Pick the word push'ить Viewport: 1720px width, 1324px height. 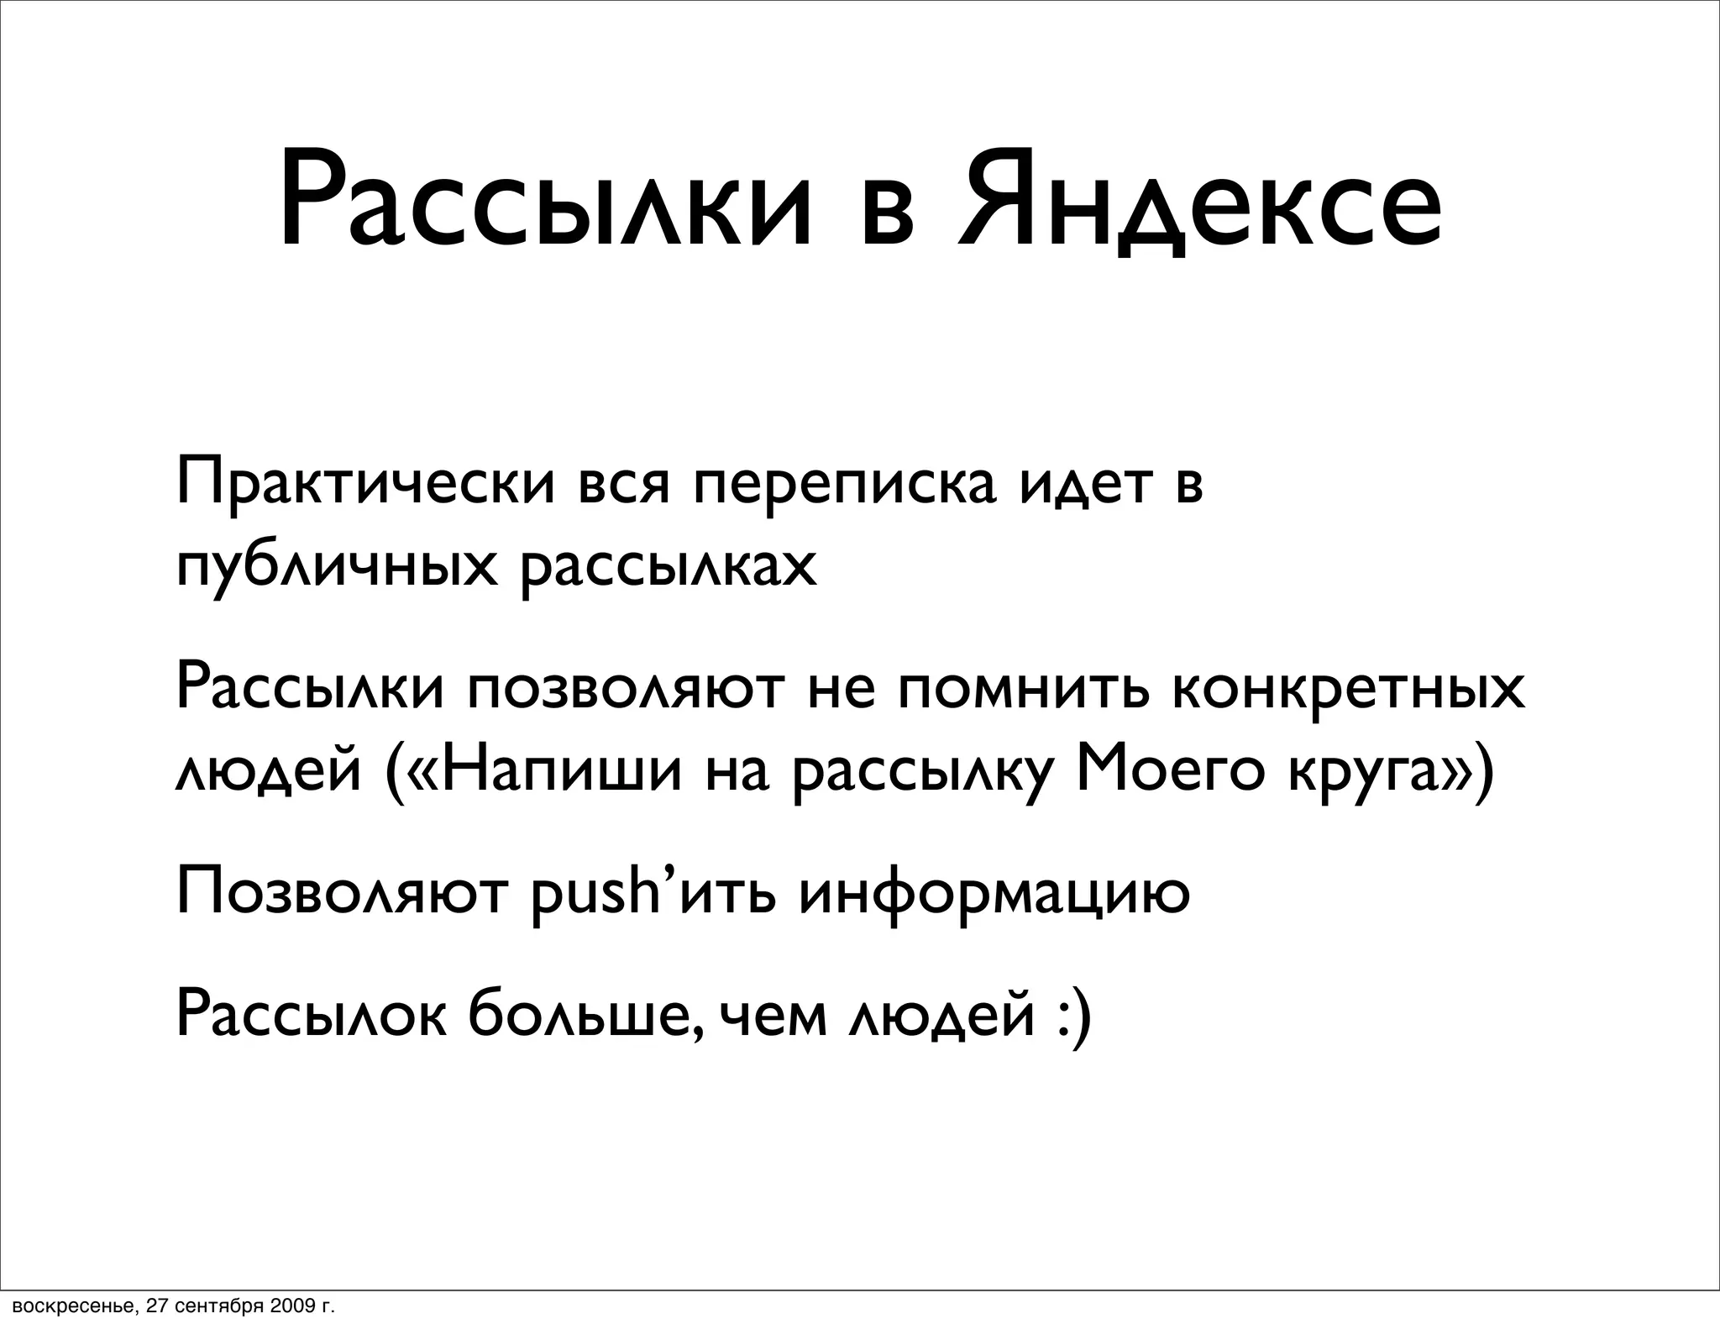[655, 892]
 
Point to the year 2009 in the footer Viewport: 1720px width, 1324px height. [290, 1306]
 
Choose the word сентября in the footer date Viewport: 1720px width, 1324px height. [218, 1307]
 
